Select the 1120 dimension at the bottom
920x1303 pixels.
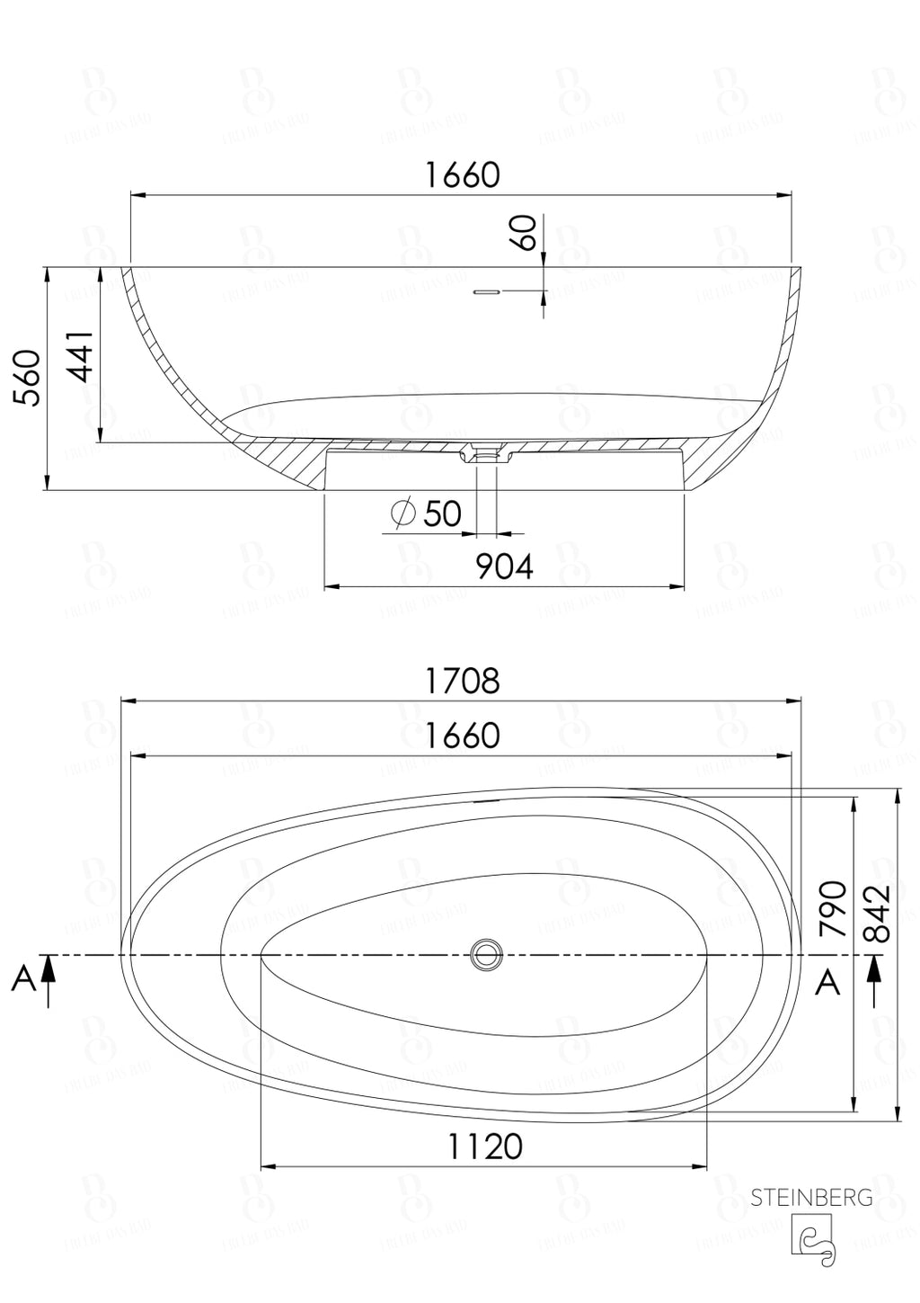coord(485,1147)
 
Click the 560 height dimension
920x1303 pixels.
coord(31,379)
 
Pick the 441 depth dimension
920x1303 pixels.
coord(83,357)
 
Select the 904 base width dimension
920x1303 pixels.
coord(504,567)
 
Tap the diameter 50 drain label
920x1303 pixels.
coord(428,513)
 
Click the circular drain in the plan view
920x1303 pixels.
coord(487,954)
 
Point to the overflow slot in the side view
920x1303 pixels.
coord(486,291)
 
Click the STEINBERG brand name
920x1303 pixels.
coord(811,1197)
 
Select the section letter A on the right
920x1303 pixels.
coord(827,983)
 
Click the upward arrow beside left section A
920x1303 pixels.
coord(49,980)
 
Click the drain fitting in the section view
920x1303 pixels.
coord(486,453)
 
